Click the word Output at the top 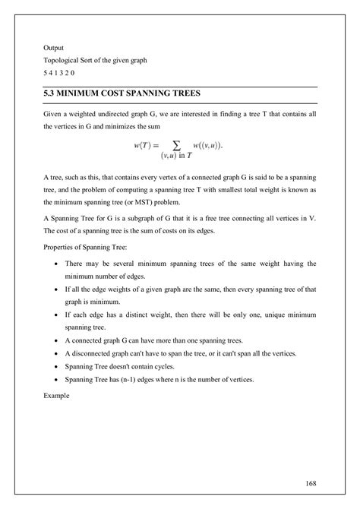(52, 47)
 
